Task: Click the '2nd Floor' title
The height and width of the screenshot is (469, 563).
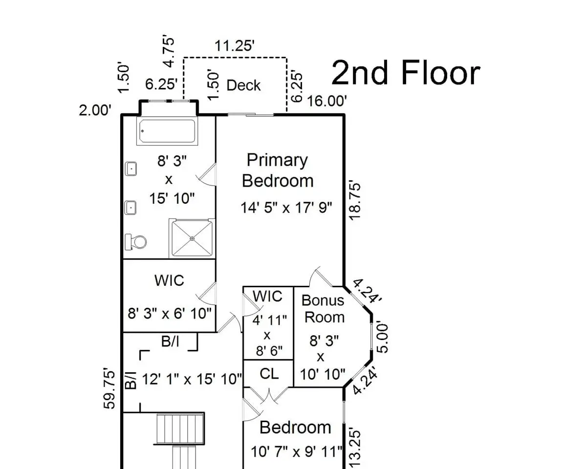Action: pos(406,73)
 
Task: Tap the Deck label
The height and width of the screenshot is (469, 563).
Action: pos(243,85)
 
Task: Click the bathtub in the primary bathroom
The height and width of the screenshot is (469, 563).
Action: pos(168,130)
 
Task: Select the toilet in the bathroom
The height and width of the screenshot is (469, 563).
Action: pos(136,241)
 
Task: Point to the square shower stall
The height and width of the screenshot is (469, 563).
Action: pos(192,238)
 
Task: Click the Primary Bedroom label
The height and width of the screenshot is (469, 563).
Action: pos(278,171)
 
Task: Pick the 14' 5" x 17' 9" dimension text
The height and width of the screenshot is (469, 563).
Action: pos(286,208)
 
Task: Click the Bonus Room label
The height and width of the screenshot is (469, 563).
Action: pos(323,308)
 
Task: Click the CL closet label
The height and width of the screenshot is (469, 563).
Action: pos(269,374)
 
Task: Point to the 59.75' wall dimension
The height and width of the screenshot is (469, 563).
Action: pos(111,389)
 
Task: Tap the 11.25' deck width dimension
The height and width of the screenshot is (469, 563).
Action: pos(235,46)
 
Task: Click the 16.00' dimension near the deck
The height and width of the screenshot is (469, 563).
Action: pos(327,101)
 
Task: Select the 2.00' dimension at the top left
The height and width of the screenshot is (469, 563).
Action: pos(95,110)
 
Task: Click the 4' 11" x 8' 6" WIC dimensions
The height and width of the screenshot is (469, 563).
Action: pos(267,335)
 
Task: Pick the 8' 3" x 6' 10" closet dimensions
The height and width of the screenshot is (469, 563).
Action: pos(170,313)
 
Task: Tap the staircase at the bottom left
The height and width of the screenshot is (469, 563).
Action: pos(180,440)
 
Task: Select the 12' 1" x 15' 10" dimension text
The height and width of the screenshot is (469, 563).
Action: pos(192,378)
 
